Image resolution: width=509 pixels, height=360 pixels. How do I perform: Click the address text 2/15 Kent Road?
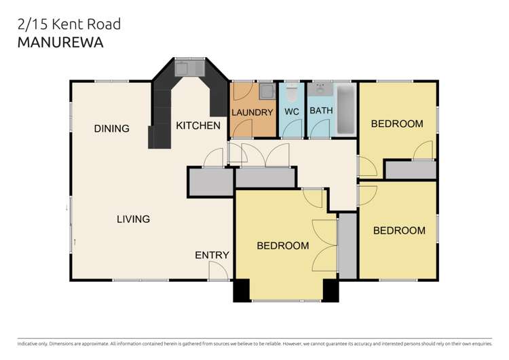pyautogui.click(x=68, y=24)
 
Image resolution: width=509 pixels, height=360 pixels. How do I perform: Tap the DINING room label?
pyautogui.click(x=111, y=128)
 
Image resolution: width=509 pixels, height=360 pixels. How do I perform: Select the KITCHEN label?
pyautogui.click(x=198, y=126)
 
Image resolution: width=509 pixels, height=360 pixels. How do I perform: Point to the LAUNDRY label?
pyautogui.click(x=252, y=112)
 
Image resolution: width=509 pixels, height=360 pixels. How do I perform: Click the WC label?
pyautogui.click(x=292, y=111)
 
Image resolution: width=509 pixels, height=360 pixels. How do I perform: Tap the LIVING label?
pyautogui.click(x=133, y=219)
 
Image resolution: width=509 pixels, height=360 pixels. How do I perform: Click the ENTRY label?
pyautogui.click(x=212, y=255)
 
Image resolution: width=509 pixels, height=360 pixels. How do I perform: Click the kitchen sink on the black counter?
pyautogui.click(x=189, y=67)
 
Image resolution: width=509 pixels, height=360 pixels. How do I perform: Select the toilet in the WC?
pyautogui.click(x=292, y=91)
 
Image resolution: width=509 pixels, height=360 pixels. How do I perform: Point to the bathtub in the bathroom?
pyautogui.click(x=344, y=109)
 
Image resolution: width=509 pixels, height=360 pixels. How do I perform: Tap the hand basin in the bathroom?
pyautogui.click(x=319, y=89)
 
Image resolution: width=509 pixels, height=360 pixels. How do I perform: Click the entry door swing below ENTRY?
pyautogui.click(x=219, y=272)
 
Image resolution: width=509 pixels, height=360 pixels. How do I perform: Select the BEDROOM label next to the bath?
pyautogui.click(x=396, y=124)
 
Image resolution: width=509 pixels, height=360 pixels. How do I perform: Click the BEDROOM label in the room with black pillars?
pyautogui.click(x=282, y=245)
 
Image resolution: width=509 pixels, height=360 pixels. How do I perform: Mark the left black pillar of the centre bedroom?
pyautogui.click(x=242, y=290)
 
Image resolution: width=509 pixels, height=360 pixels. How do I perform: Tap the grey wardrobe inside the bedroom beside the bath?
pyautogui.click(x=410, y=170)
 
